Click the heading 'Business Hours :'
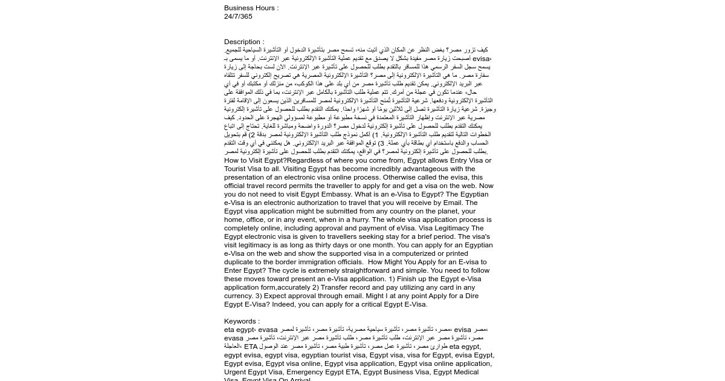pos(251,8)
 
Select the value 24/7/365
pos(238,16)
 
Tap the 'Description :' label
pos(244,42)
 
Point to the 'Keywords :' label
pos(242,321)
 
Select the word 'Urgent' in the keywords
pos(235,372)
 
